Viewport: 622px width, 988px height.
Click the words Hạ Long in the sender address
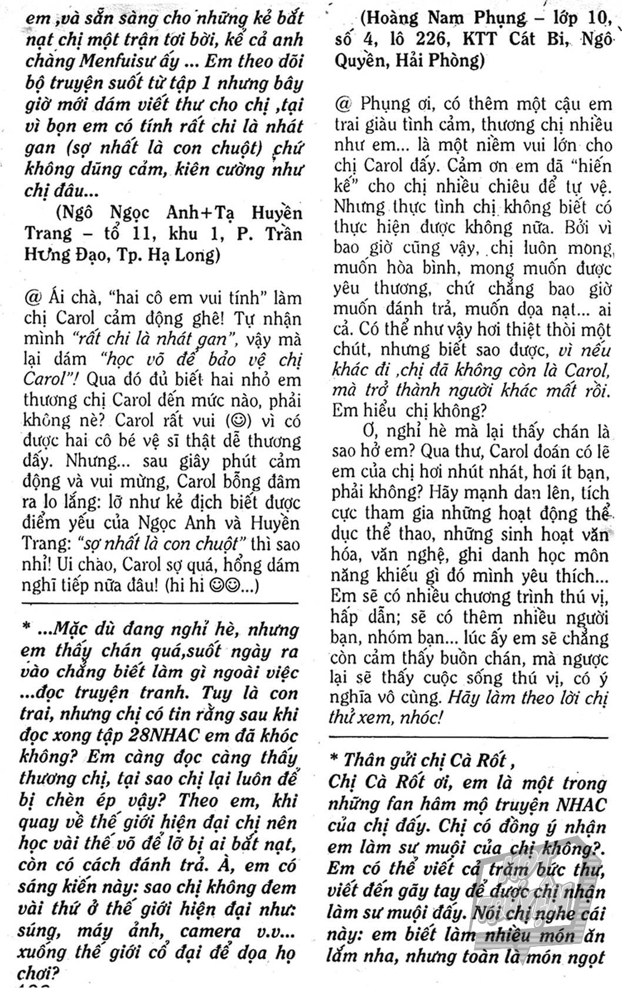[x=185, y=255]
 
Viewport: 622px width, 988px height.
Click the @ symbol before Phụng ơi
[x=343, y=104]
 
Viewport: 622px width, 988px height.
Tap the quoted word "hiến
[x=586, y=165]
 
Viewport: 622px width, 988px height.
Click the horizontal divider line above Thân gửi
[x=467, y=736]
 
